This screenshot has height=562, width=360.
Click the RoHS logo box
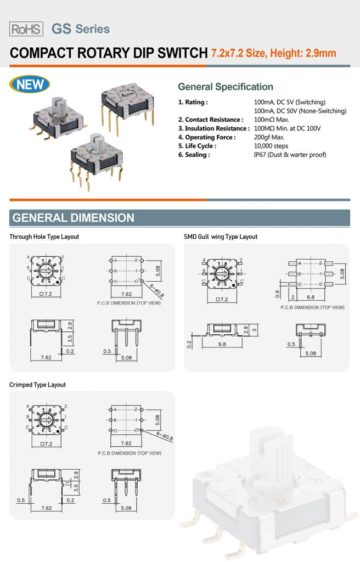click(26, 29)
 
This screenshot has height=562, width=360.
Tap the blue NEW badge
click(30, 85)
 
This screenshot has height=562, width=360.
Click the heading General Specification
click(225, 87)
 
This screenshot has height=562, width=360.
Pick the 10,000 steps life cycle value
click(271, 146)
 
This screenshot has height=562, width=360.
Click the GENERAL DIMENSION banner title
click(73, 218)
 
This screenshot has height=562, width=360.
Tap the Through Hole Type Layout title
click(44, 237)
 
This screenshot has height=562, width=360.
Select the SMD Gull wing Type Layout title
click(220, 237)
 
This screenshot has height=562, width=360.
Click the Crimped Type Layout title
click(37, 385)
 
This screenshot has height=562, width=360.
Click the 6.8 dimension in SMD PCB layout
click(311, 297)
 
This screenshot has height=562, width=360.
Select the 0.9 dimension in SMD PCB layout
click(278, 295)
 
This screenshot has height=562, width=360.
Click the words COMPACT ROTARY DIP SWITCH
click(109, 53)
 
